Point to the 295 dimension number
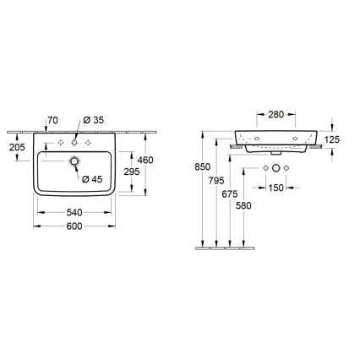(x=130, y=171)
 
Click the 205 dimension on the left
(x=17, y=147)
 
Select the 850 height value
(x=202, y=167)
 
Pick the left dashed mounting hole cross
(x=59, y=141)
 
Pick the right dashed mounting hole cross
(x=88, y=141)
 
